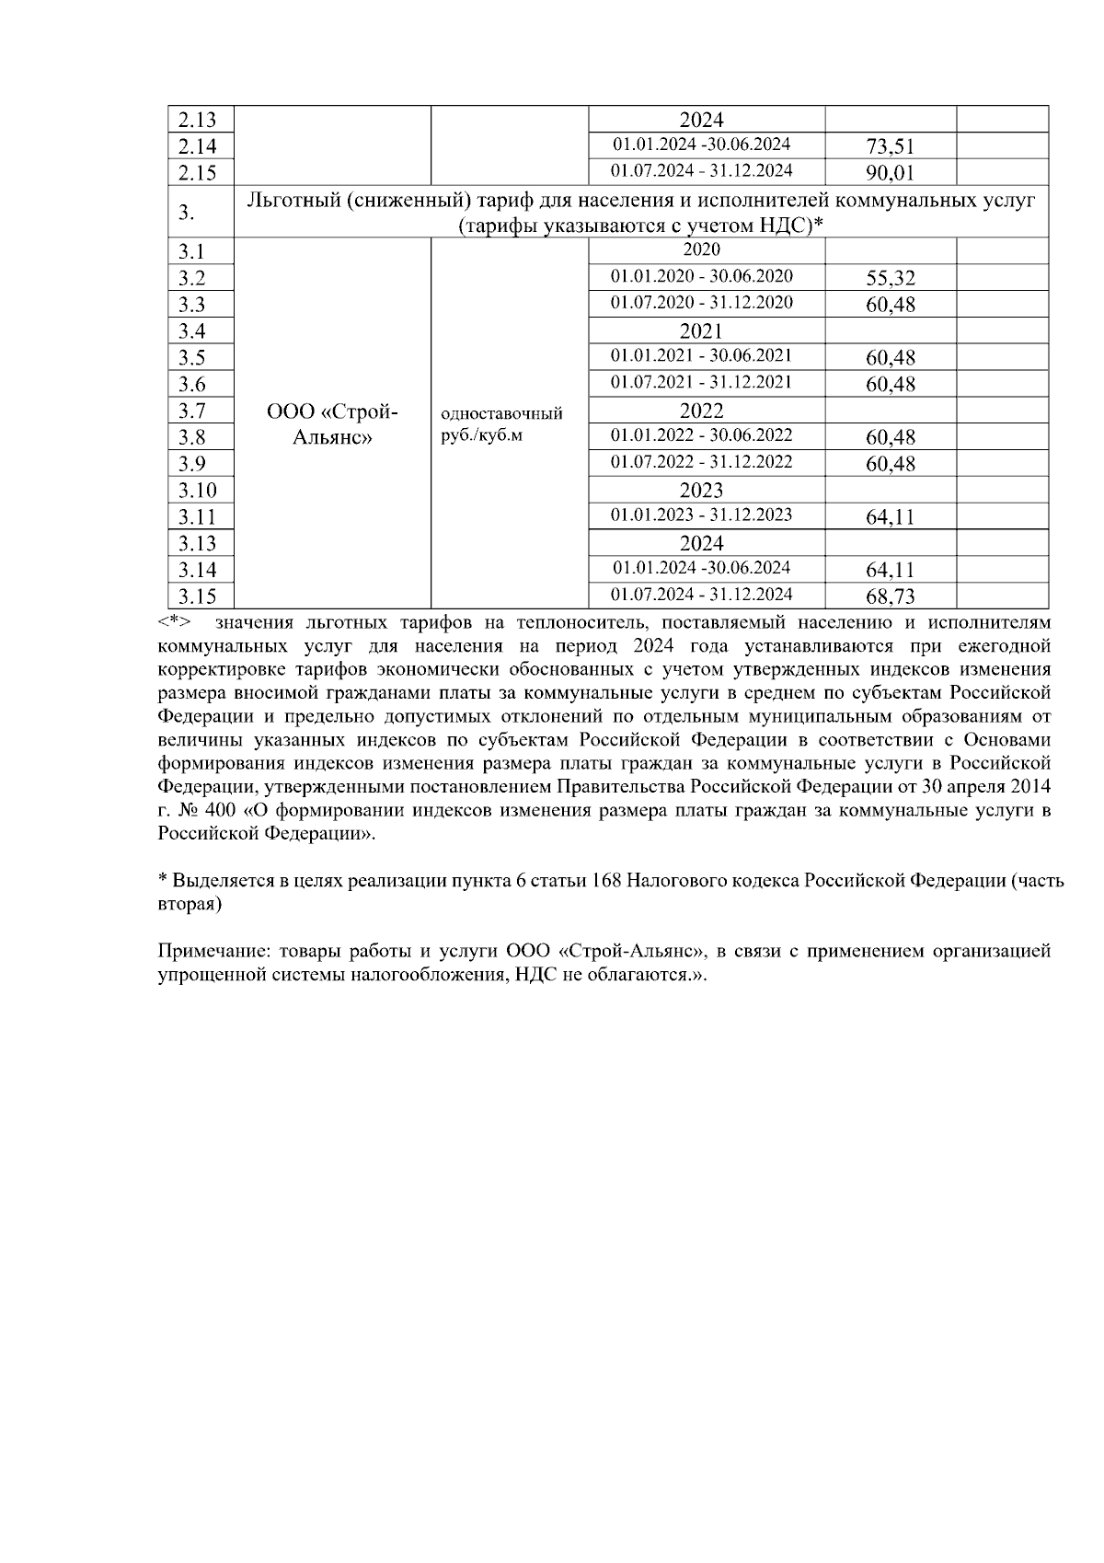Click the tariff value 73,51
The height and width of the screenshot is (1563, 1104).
[890, 146]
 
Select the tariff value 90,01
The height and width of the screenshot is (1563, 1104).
[890, 173]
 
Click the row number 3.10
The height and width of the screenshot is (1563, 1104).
[198, 491]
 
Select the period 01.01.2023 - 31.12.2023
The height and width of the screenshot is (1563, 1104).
[701, 515]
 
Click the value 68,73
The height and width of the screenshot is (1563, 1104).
[890, 596]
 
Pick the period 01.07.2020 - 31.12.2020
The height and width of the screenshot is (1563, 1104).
[701, 303]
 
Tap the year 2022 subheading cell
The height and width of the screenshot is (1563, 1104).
[701, 411]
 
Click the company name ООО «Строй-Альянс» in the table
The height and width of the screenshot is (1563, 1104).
[332, 424]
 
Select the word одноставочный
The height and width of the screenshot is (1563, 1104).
[502, 414]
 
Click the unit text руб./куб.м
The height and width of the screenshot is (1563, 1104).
[482, 435]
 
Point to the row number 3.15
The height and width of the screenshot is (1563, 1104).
[198, 596]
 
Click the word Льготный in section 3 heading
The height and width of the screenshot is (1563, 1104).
[288, 200]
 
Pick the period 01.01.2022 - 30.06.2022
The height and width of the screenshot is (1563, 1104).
[701, 435]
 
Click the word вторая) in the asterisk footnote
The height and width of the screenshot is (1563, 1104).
[190, 905]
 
